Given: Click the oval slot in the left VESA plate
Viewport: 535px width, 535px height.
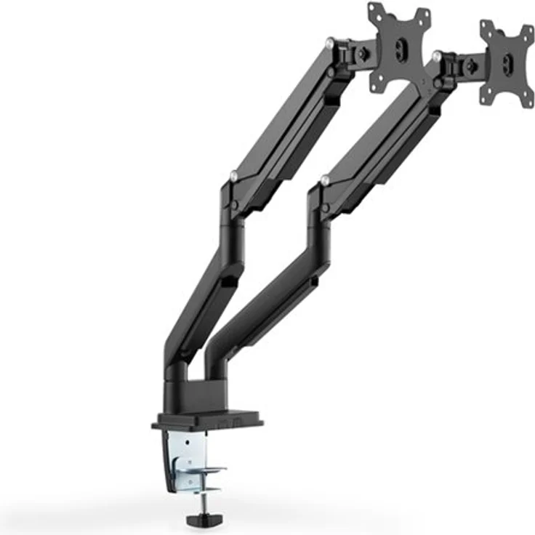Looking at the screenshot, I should [399, 46].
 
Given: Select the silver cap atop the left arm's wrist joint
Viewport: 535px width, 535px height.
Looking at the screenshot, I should [331, 43].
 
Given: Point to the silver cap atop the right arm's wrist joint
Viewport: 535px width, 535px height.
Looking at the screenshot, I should [435, 56].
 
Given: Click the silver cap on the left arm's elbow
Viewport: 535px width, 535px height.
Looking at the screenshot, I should [233, 175].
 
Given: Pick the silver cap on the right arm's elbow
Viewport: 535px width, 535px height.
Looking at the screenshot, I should [324, 180].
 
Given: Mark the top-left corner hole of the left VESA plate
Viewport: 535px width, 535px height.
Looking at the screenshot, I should [375, 9].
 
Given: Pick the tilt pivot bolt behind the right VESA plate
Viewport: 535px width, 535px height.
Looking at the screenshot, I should [470, 67].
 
